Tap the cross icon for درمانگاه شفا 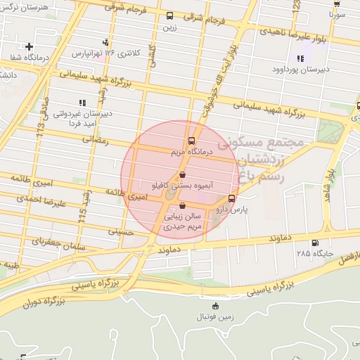coord(28,46)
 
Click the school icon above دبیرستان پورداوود coord(300,59)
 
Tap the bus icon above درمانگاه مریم coord(192,141)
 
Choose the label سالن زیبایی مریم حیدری coord(183,222)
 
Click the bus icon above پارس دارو coord(232,198)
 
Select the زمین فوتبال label coord(215,319)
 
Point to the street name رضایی coord(96,139)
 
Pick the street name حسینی coord(121,230)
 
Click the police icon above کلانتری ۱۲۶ coord(105,42)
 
